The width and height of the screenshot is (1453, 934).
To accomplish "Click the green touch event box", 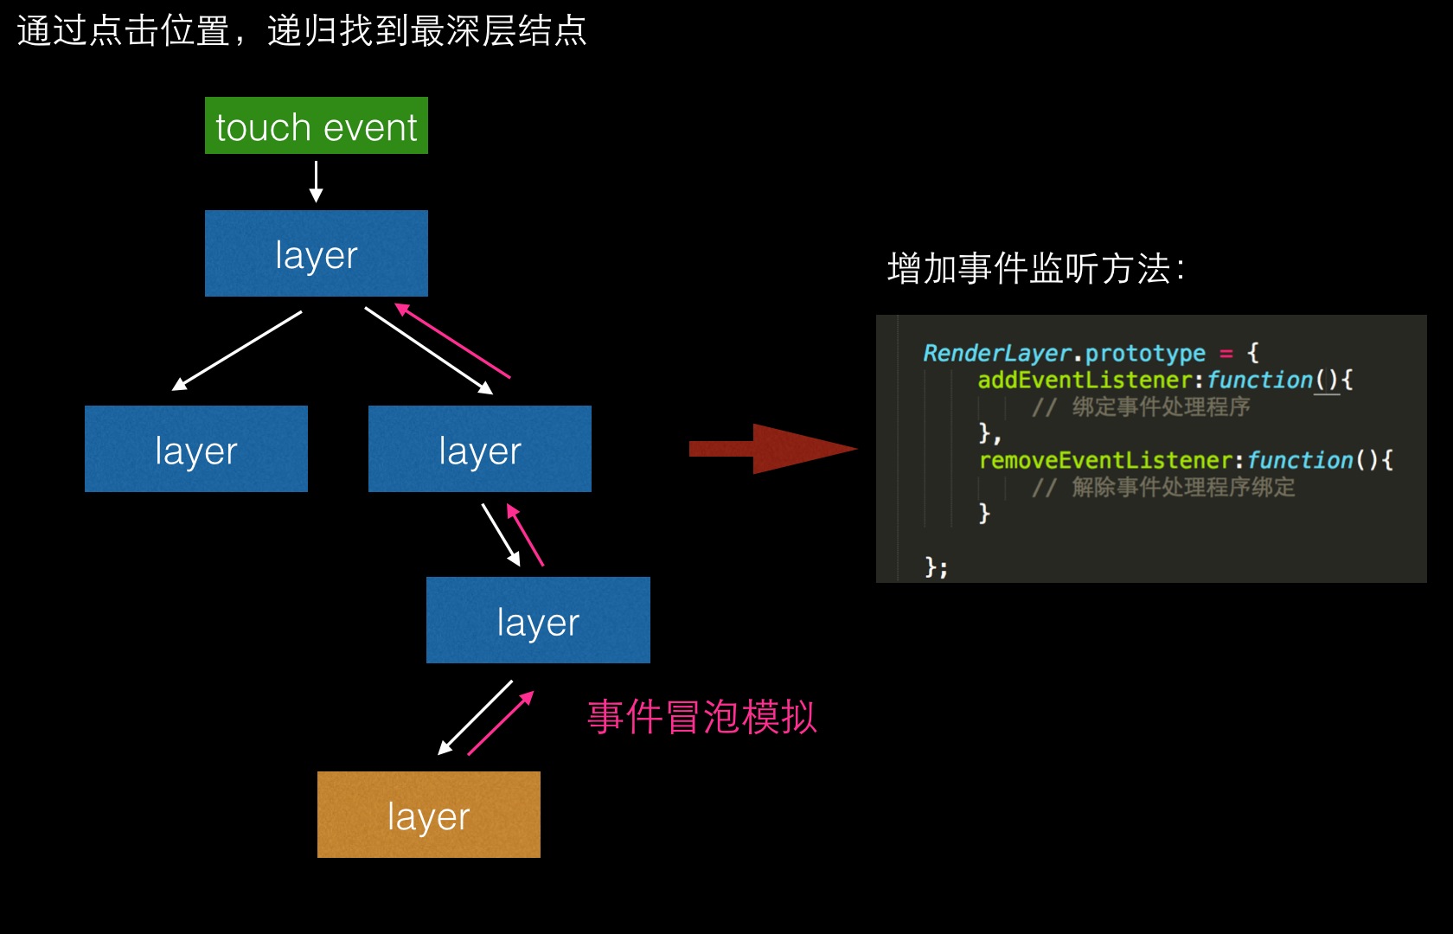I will pos(316,126).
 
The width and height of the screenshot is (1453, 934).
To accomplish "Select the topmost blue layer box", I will pos(316,253).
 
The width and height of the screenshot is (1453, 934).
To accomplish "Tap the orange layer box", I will pos(428,815).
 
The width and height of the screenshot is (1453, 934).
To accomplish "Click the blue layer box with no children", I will pos(195,449).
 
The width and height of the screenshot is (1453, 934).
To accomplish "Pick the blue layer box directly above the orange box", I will pos(537,620).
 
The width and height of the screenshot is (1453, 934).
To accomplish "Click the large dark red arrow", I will pos(772,449).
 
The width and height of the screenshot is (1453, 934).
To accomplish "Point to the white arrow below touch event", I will pos(316,182).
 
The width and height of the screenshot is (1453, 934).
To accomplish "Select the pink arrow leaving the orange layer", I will pos(501,723).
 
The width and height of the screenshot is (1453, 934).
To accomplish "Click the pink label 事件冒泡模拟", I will pos(701,717).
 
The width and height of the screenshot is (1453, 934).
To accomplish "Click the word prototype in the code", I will pos(1144,353).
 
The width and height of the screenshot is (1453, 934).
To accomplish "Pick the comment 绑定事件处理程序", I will pos(1160,406).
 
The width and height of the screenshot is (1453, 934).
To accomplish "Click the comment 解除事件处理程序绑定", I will pos(1182,487).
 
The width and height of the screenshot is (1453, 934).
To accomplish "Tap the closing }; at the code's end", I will pos(936,567).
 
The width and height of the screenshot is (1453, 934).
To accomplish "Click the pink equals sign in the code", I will pos(1226,353).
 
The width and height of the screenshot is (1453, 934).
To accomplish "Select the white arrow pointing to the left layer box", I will pos(237,350).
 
